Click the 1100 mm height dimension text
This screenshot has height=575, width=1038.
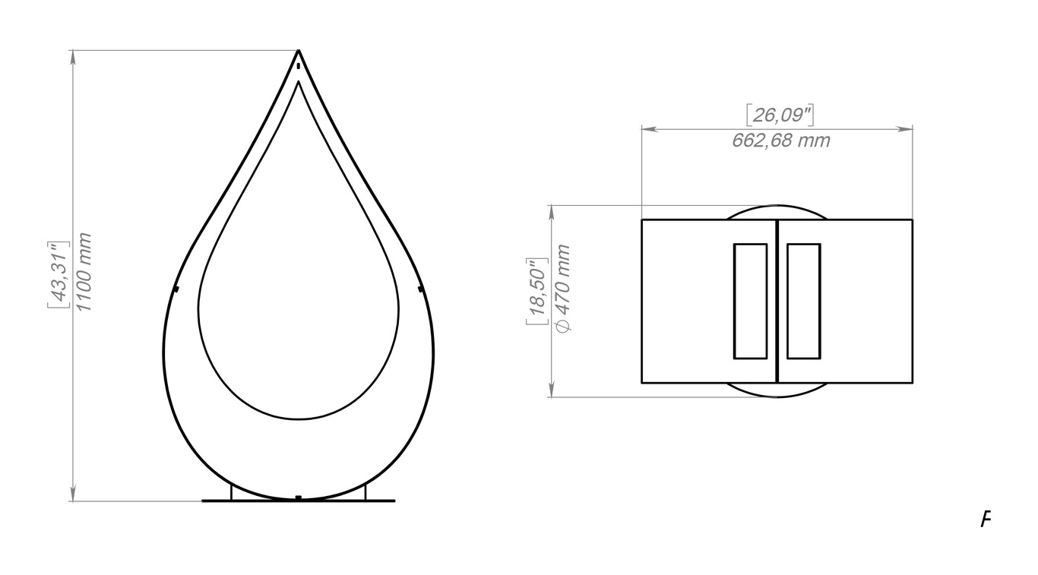point(84,273)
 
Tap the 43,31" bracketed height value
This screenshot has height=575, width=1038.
point(59,274)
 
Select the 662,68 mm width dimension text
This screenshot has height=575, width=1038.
point(781,141)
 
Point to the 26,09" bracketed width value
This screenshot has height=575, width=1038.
point(780,115)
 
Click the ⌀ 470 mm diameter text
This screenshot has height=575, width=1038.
point(562,288)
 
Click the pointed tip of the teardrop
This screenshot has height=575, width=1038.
point(299,50)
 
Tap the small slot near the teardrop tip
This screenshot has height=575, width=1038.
point(299,66)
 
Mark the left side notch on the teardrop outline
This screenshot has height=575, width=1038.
point(176,289)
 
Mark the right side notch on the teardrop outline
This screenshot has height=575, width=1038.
point(421,289)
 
